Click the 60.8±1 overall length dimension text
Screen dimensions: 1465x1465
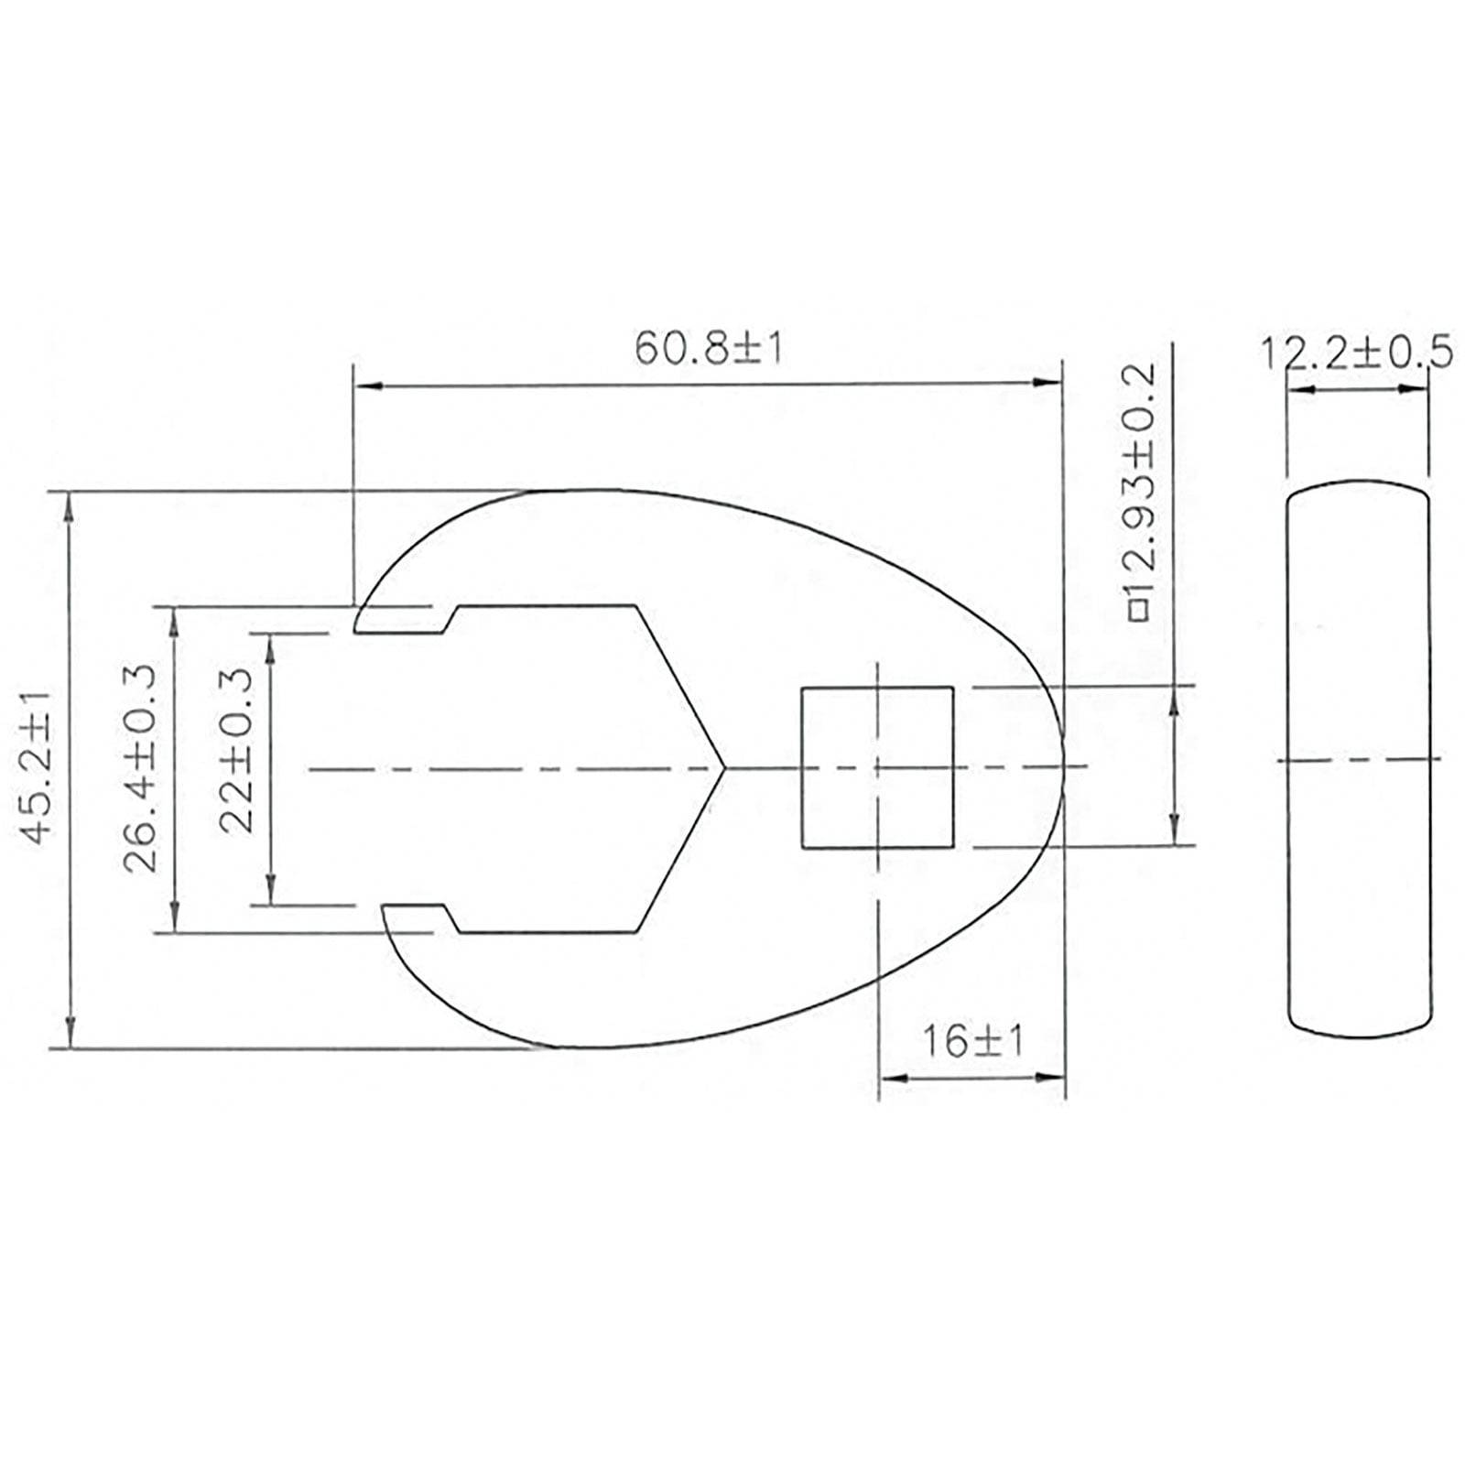709,348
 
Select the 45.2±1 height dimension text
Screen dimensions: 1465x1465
38,767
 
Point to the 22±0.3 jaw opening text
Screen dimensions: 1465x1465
236,749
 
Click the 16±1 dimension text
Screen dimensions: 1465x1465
971,1041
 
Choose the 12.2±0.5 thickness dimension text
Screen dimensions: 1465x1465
1357,353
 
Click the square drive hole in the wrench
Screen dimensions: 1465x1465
877,767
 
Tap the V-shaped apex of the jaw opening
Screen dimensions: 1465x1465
723,767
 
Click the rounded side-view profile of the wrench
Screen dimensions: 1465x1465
1358,760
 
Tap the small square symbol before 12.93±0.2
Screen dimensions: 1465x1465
1139,611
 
